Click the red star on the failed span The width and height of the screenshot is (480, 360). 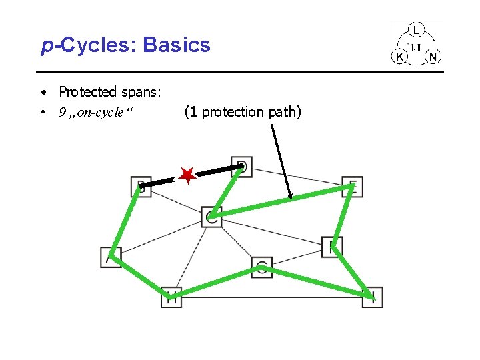[187, 176]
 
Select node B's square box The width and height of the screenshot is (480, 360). [141, 187]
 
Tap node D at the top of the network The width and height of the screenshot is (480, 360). [242, 166]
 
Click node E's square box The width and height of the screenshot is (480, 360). [352, 187]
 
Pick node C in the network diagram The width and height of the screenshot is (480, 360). [211, 216]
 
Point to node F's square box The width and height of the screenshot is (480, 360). [331, 246]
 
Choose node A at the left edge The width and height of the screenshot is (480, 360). [111, 257]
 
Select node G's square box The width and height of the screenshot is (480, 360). [262, 267]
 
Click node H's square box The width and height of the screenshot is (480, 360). [171, 297]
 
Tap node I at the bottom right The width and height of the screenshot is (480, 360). [373, 297]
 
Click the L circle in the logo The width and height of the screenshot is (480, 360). [417, 30]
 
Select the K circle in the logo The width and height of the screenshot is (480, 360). [399, 57]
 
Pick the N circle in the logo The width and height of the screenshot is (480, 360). [433, 57]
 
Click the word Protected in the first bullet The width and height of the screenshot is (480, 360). [87, 91]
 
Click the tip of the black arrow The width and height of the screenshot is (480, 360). [291, 198]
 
